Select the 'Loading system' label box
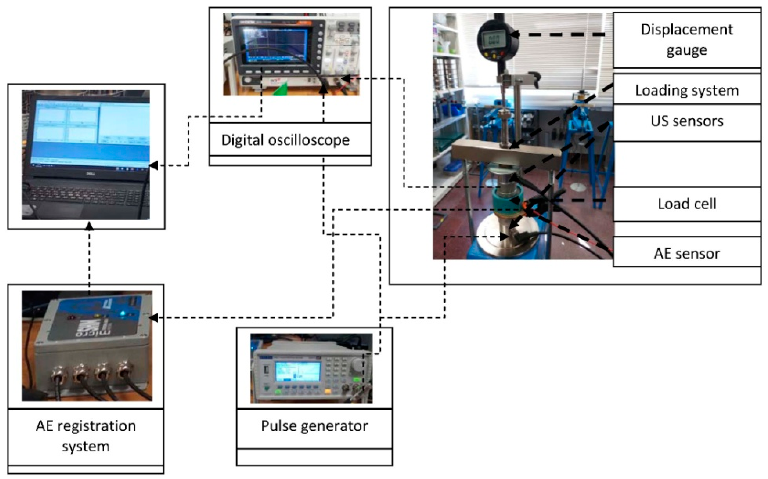pyautogui.click(x=687, y=91)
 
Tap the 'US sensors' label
pyautogui.click(x=687, y=121)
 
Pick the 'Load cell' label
pyautogui.click(x=687, y=204)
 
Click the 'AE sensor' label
pyautogui.click(x=687, y=253)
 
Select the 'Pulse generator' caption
pyautogui.click(x=314, y=426)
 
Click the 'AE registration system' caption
pyautogui.click(x=86, y=436)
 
